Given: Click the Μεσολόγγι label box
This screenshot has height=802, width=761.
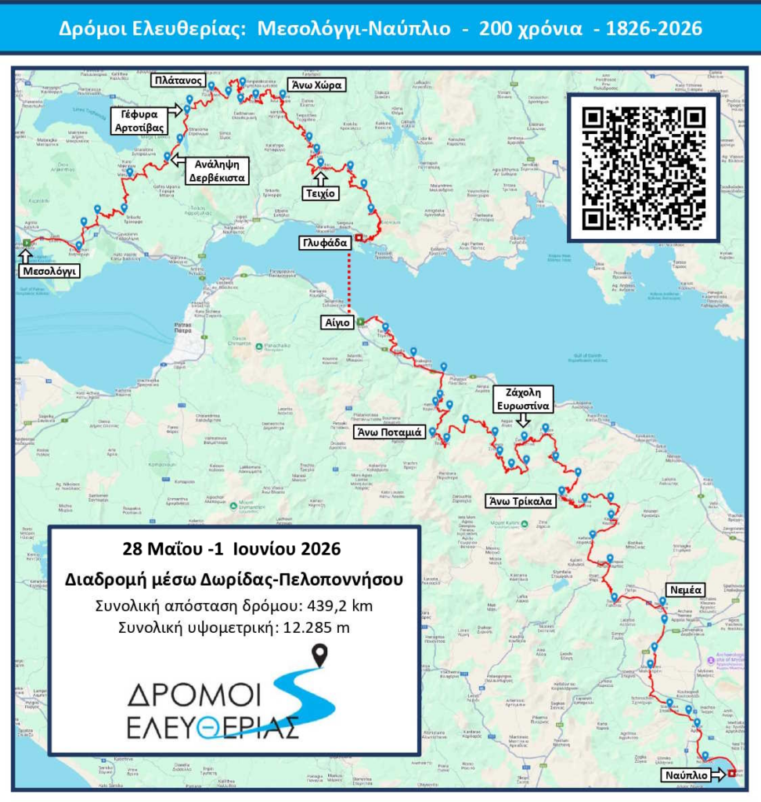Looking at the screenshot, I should (52, 271).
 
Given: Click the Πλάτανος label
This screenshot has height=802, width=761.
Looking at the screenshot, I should (179, 81).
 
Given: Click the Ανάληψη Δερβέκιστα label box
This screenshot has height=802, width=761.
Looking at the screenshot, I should (217, 170).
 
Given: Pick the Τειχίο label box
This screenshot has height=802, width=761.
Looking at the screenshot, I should (321, 193).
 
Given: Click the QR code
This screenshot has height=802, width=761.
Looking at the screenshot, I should (643, 168).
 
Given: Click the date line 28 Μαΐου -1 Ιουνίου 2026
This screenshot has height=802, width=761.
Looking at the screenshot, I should (232, 548).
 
